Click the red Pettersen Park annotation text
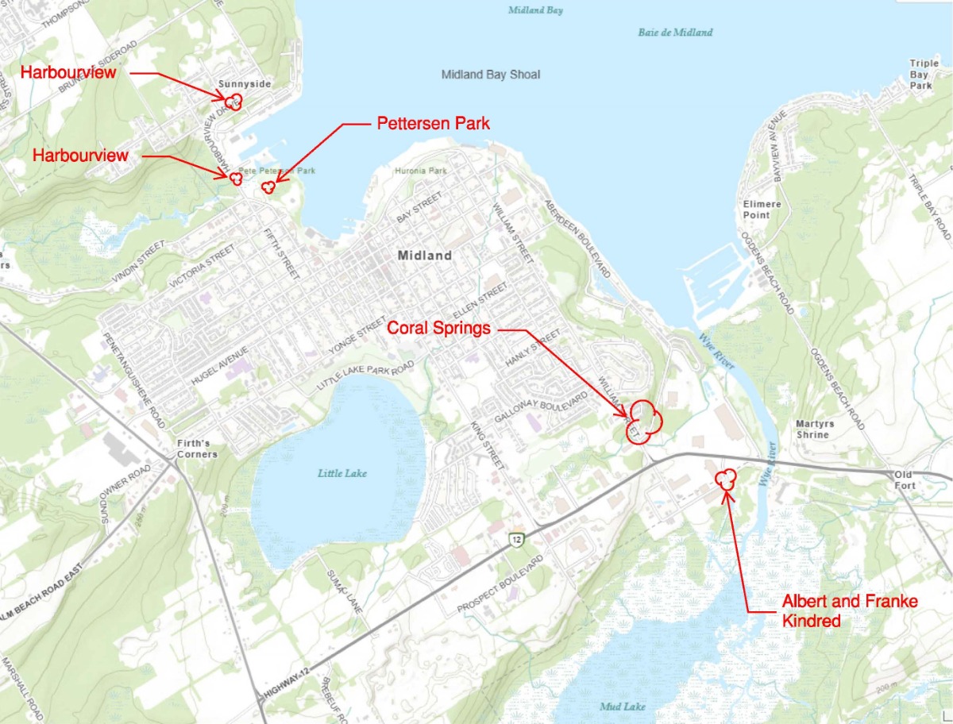click(433, 124)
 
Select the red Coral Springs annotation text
click(438, 329)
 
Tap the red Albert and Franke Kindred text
click(850, 610)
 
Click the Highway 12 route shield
click(517, 540)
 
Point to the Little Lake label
click(342, 473)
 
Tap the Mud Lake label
click(623, 706)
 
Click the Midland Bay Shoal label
click(490, 75)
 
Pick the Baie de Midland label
click(675, 33)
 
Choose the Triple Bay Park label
click(924, 74)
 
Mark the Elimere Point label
click(762, 210)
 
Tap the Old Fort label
click(905, 479)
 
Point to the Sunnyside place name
click(244, 84)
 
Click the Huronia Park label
click(420, 171)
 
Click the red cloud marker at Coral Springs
click(642, 421)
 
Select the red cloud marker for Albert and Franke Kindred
click(726, 478)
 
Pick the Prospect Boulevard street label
click(500, 584)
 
